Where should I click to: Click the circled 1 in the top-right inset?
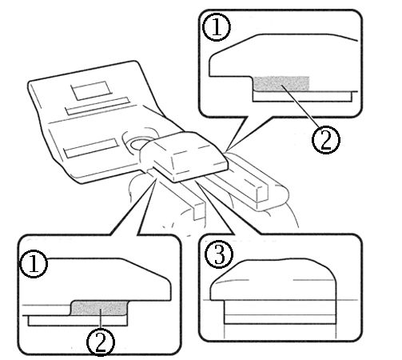point(217,27)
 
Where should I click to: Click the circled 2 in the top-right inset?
point(326,139)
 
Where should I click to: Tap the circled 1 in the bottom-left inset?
point(34,264)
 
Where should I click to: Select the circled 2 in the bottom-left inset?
point(101,342)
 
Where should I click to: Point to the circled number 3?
point(219,254)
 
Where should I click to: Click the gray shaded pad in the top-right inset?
point(281,83)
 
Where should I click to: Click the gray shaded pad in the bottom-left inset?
point(99,308)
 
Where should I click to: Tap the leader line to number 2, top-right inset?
point(300,106)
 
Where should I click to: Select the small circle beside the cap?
point(137,144)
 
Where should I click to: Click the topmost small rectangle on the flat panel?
point(90,90)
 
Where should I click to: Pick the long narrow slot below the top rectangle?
point(98,106)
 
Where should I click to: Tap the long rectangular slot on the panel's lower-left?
point(91,148)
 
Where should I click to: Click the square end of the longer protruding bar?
point(262,194)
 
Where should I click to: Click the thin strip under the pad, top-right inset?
point(302,97)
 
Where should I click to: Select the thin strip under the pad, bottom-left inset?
point(78,321)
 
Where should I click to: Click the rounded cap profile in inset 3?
point(273,279)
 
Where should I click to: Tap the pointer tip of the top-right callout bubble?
point(228,149)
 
